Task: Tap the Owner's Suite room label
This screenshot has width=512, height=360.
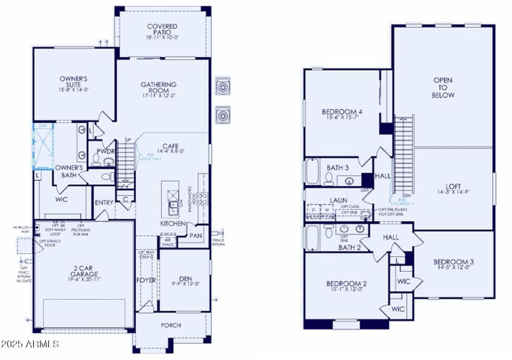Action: (74, 82)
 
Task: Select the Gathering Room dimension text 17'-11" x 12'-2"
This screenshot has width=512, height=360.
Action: (159, 95)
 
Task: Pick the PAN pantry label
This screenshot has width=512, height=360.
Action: (195, 236)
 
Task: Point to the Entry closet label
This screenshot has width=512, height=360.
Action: (104, 203)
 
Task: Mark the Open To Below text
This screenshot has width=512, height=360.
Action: (443, 88)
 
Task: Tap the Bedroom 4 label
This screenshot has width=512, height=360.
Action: (342, 112)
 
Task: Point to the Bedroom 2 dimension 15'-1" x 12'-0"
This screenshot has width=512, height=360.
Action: (345, 290)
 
